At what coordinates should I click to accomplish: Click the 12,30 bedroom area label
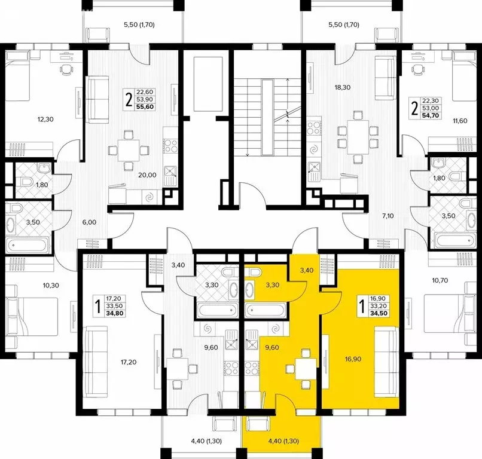click(45, 120)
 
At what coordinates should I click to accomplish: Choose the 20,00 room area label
click(147, 175)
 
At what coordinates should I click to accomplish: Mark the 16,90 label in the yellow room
click(351, 360)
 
